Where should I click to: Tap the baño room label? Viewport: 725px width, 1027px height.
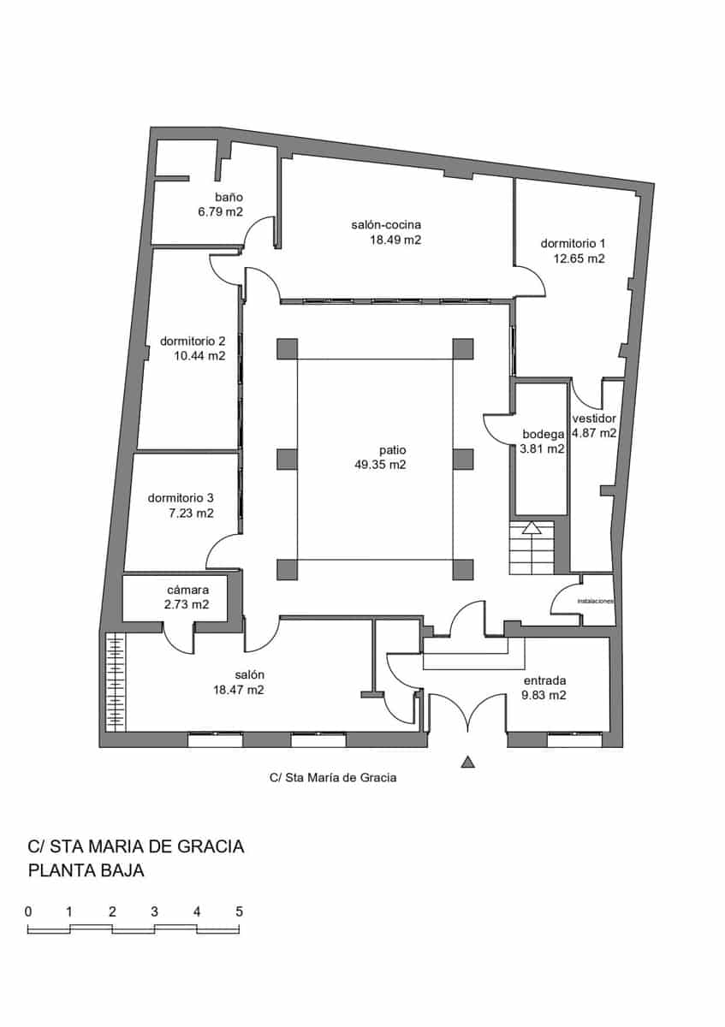tap(229, 197)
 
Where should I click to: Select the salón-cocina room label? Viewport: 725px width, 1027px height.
tap(385, 224)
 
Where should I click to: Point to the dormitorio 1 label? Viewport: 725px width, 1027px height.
tap(573, 243)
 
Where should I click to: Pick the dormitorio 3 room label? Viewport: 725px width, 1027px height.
tap(181, 497)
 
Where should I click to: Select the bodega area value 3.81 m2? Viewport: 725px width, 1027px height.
tap(542, 448)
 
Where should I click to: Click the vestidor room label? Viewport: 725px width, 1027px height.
tap(594, 419)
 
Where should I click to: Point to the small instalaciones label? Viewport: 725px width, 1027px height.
tap(596, 601)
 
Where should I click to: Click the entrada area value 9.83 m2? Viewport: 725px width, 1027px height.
tap(544, 696)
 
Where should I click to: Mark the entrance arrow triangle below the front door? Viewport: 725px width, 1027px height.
tap(467, 761)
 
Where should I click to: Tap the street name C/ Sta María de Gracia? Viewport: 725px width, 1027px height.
tap(333, 779)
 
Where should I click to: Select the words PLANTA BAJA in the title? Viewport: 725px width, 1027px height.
tap(86, 871)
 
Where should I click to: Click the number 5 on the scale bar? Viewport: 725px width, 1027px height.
tap(240, 911)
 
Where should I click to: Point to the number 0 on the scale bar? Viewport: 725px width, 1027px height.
tap(28, 911)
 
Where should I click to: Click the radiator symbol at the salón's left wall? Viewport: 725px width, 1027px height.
tap(115, 681)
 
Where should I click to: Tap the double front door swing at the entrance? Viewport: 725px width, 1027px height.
tap(467, 714)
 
